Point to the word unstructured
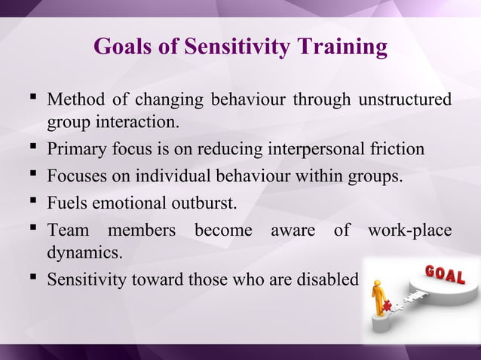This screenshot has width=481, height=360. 406,99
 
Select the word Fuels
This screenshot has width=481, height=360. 66,203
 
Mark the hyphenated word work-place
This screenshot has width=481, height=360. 409,230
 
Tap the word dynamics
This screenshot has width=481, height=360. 84,252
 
